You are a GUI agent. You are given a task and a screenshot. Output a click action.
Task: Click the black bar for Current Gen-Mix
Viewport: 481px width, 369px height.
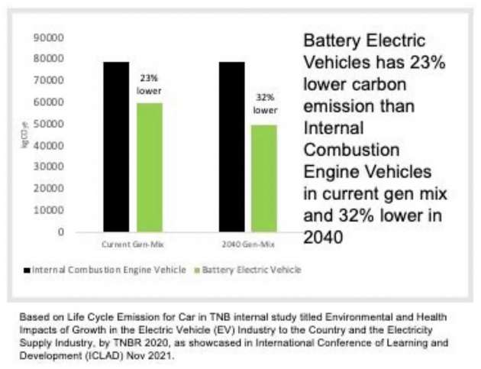117,146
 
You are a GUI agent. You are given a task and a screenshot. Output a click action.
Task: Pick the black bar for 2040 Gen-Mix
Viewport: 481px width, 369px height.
231,146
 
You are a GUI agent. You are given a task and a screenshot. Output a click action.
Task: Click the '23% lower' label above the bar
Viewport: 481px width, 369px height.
149,83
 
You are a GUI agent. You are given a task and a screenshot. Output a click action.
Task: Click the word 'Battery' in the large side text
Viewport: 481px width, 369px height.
329,40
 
